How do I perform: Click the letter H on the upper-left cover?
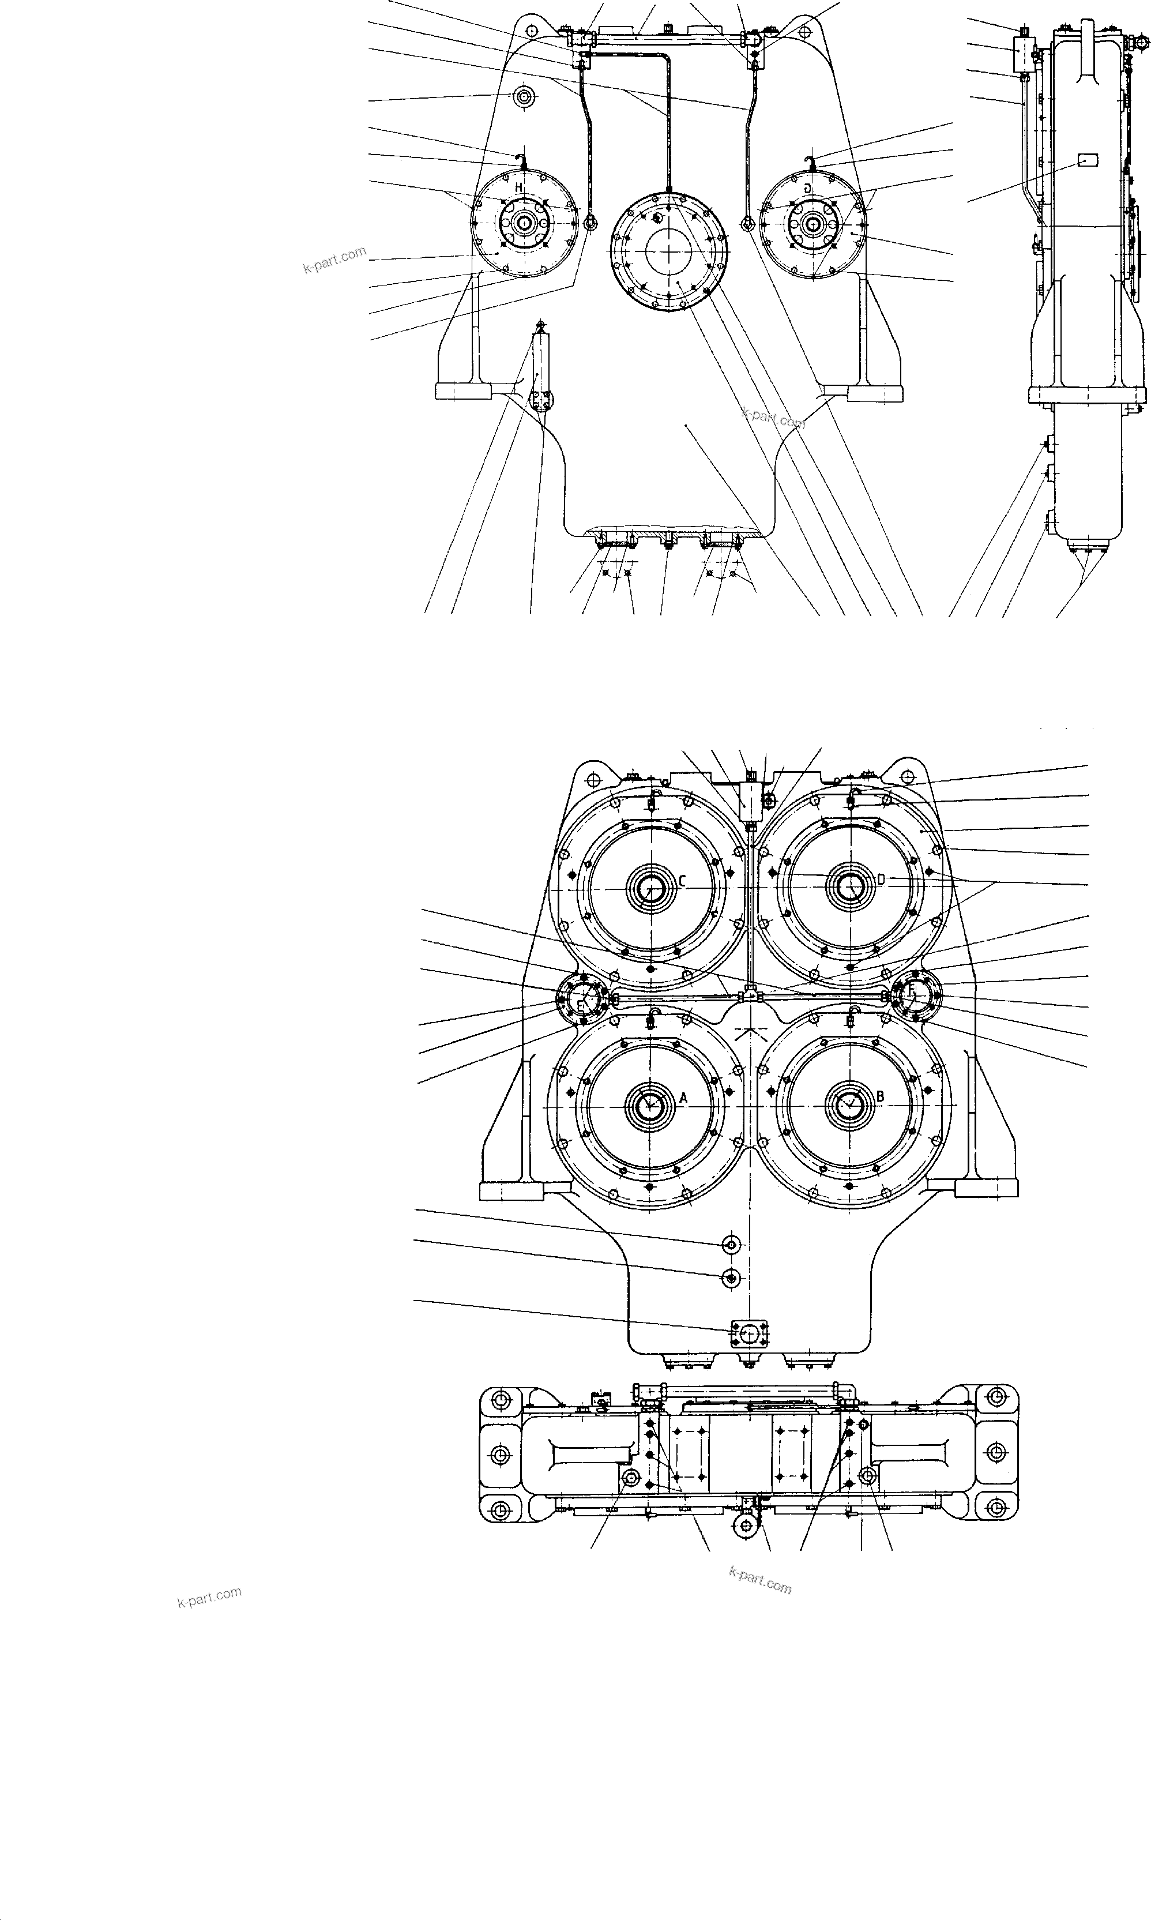coord(518,189)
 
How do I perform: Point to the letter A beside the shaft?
coord(683,1098)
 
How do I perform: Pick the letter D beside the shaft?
coord(881,880)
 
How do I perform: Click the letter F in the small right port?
coord(912,990)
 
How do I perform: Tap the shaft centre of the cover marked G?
coord(813,223)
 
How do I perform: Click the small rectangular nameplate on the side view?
coord(1088,160)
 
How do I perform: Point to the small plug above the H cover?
coord(525,97)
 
